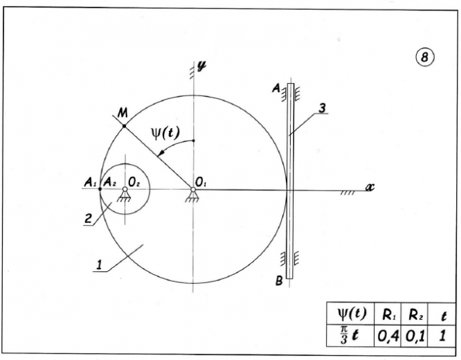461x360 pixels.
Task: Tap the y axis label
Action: [x=202, y=66]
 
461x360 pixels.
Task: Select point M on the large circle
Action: [x=124, y=126]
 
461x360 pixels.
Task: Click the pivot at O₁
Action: [x=192, y=188]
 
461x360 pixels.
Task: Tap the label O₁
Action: [x=201, y=181]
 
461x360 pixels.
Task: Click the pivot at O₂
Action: [x=125, y=188]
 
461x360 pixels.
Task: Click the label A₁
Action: [x=89, y=182]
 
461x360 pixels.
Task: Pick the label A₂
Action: [x=107, y=182]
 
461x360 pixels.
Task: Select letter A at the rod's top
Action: [x=275, y=89]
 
